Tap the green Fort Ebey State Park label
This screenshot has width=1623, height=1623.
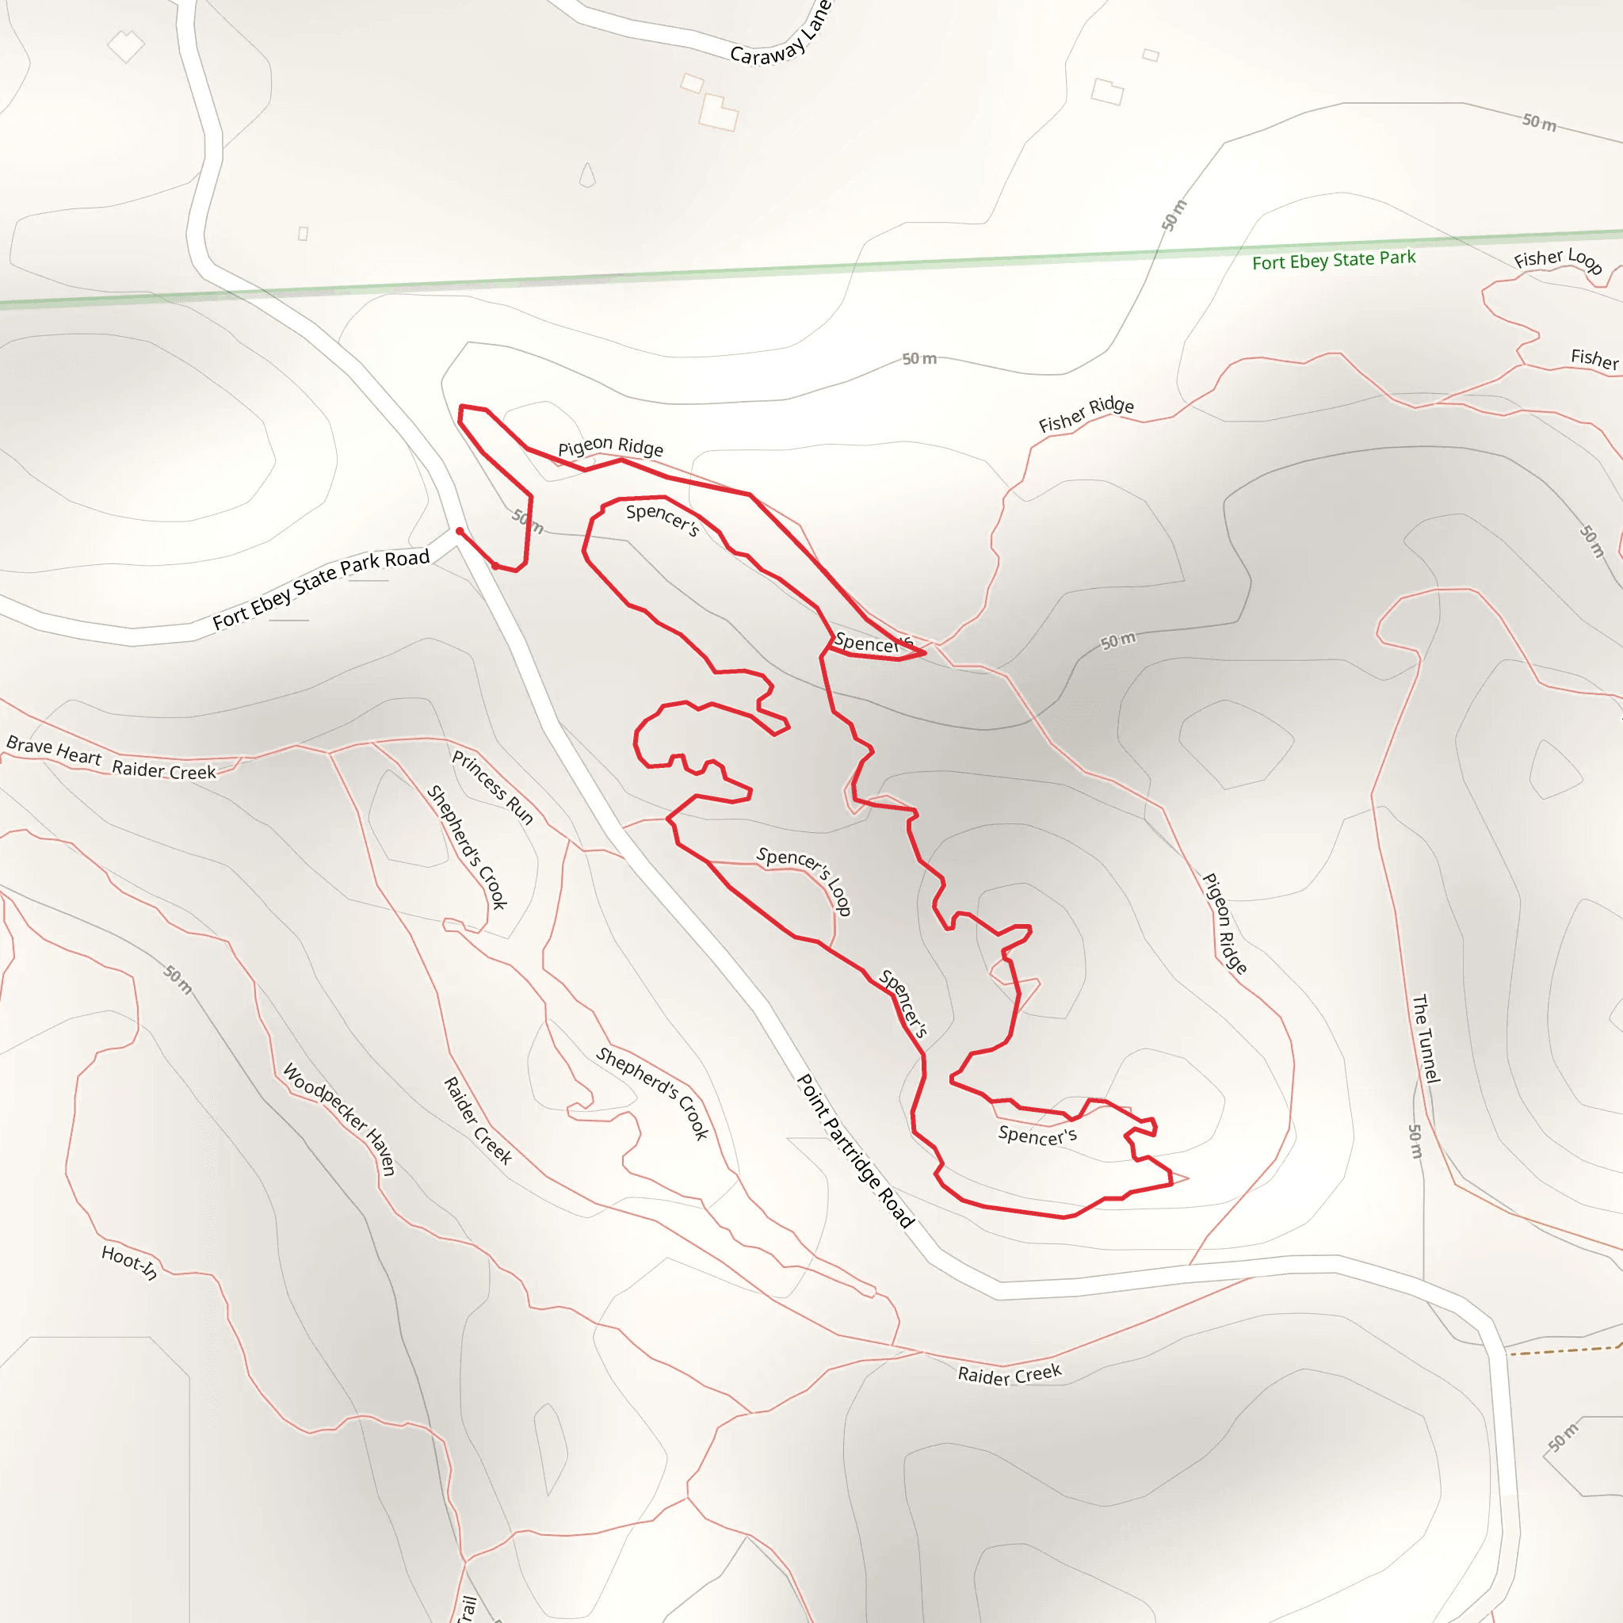click(1333, 260)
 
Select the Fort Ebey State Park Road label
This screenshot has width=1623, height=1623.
click(321, 589)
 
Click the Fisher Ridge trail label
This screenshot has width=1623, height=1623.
click(1086, 414)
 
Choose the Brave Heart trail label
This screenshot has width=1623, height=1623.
click(54, 750)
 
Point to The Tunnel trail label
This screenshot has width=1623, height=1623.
click(1426, 1038)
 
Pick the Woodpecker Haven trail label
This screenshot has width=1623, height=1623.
click(338, 1118)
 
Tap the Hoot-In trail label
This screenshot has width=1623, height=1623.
click(129, 1261)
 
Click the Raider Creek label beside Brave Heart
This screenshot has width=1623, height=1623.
click(164, 770)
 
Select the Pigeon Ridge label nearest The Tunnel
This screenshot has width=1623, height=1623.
click(1224, 923)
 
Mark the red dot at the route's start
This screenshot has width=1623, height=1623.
click(460, 531)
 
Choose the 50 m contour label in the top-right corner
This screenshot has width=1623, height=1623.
click(1539, 123)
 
